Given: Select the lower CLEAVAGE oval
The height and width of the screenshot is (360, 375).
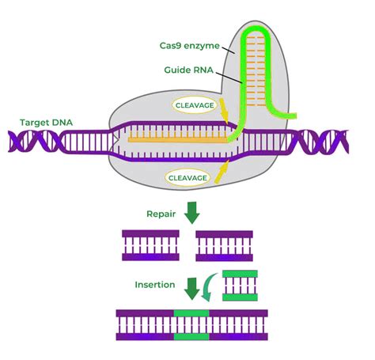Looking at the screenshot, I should (x=188, y=178).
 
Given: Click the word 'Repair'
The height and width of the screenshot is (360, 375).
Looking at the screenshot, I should (x=160, y=214).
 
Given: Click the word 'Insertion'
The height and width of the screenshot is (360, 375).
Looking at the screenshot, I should (x=154, y=285).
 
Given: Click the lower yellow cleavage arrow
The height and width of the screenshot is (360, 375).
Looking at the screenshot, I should (x=222, y=167).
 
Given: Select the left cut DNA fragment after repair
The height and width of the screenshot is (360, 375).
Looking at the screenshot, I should (x=151, y=245).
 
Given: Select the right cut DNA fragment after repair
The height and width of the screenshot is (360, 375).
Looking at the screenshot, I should (x=225, y=245).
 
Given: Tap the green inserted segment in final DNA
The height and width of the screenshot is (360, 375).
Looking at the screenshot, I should (x=191, y=325).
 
